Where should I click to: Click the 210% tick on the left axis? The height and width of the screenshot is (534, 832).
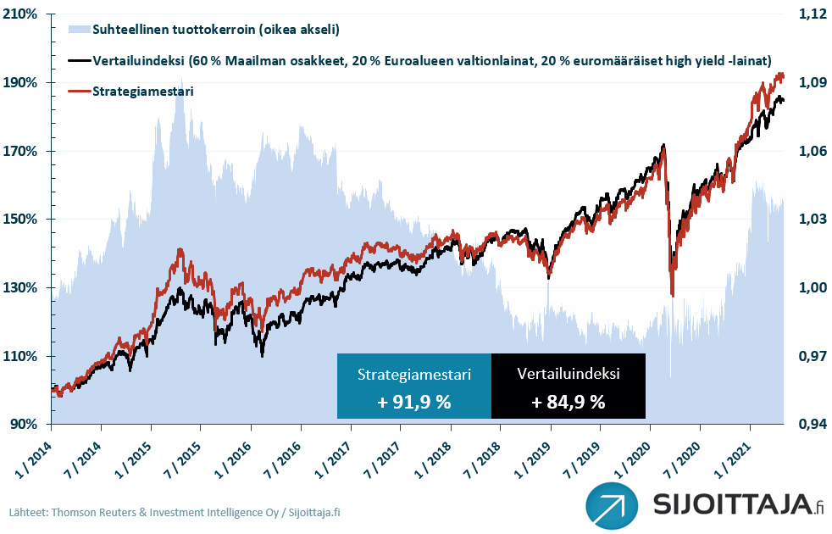point(23,14)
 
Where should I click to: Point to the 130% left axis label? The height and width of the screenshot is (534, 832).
point(23,287)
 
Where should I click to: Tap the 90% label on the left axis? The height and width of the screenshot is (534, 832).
point(25,424)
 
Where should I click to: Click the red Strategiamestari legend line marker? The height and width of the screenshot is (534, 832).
point(78,91)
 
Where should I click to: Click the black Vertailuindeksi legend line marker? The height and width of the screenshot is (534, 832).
point(78,61)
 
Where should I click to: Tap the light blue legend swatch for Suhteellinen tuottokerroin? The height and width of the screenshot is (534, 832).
point(78,30)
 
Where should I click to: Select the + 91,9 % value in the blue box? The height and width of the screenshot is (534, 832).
point(414,403)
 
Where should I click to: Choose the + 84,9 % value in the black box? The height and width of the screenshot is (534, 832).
point(569,403)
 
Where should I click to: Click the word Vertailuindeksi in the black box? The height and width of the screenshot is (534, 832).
point(569,374)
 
